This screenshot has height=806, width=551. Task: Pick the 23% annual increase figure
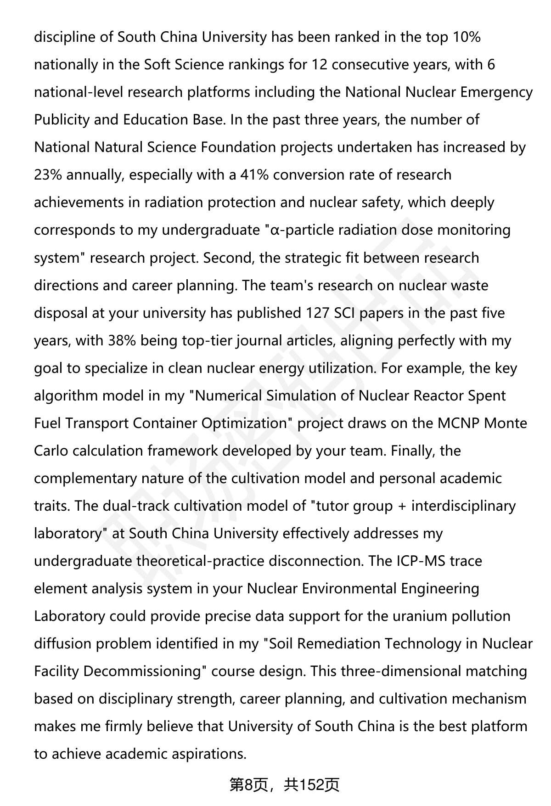tap(48, 175)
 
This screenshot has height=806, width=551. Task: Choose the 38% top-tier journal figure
tap(122, 340)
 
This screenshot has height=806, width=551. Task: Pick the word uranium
tap(419, 616)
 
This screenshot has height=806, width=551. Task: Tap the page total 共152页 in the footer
tap(312, 785)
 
